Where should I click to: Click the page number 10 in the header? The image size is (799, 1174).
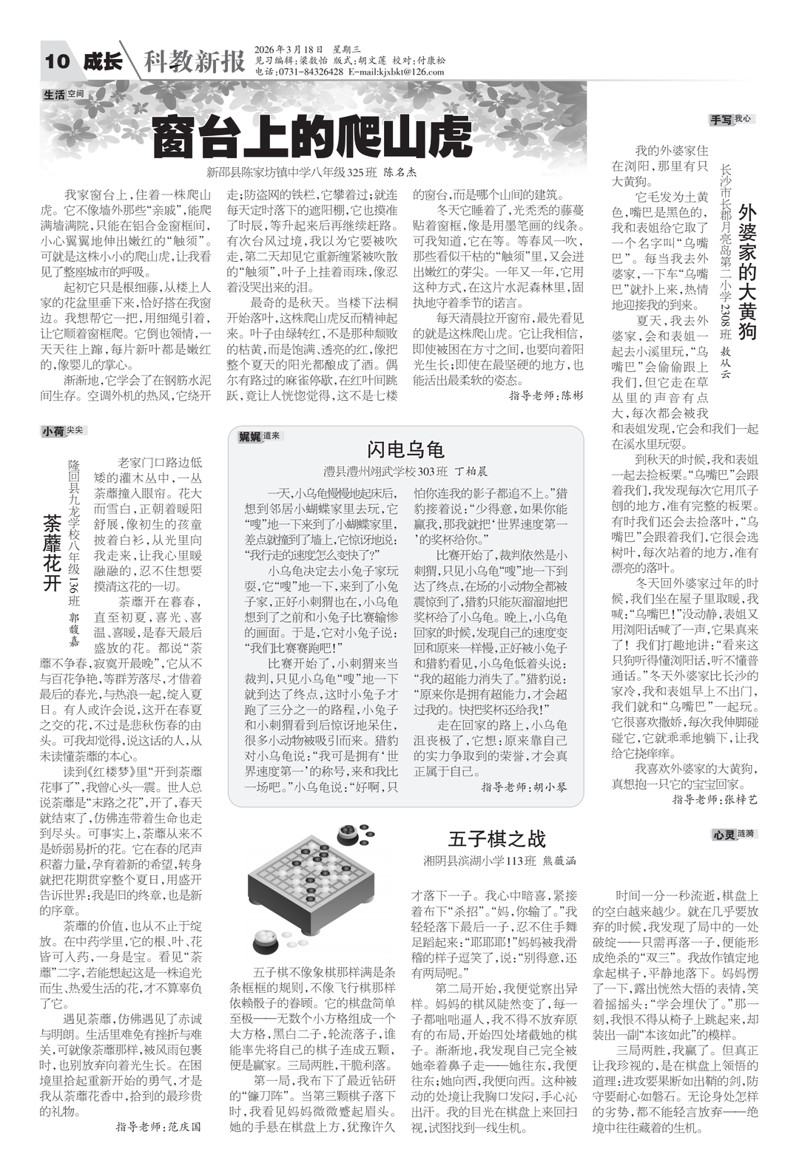pyautogui.click(x=57, y=61)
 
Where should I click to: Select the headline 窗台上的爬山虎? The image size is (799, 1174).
pyautogui.click(x=311, y=137)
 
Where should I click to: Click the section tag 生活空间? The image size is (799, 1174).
pyautogui.click(x=64, y=95)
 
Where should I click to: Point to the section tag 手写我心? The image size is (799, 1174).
pyautogui.click(x=732, y=118)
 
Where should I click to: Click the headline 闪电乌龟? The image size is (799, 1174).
pyautogui.click(x=405, y=449)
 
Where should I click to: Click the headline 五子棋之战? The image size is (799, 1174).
pyautogui.click(x=496, y=838)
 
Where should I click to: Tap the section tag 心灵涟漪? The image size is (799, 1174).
pyautogui.click(x=734, y=834)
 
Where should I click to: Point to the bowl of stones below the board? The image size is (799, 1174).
pyautogui.click(x=266, y=943)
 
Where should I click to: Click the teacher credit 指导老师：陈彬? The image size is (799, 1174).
pyautogui.click(x=546, y=396)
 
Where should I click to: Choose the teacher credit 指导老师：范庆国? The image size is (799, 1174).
pyautogui.click(x=158, y=1127)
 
